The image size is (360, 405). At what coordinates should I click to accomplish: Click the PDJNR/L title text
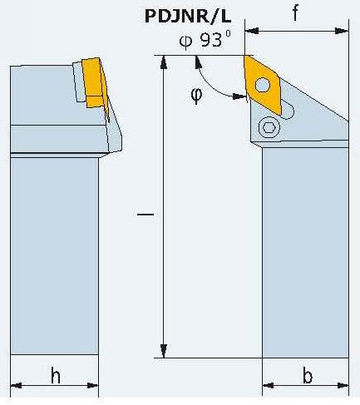point(188,17)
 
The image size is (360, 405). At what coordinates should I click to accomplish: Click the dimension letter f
point(295,13)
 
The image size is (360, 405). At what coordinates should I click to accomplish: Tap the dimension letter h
point(56,375)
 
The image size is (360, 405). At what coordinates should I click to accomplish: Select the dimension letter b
point(308,375)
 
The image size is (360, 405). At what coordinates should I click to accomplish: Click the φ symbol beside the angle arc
point(196,95)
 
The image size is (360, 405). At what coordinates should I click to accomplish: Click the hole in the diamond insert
point(263,85)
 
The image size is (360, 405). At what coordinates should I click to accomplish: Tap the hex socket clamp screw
point(269,127)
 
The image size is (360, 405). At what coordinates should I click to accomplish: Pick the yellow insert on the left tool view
point(95,82)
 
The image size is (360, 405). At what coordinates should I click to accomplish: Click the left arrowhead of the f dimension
point(252,31)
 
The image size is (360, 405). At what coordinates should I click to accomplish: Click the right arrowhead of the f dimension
point(342,31)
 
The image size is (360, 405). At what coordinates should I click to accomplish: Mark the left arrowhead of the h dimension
point(17,385)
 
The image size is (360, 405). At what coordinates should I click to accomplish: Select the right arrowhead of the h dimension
point(92,385)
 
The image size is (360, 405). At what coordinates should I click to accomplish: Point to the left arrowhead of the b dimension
point(268,385)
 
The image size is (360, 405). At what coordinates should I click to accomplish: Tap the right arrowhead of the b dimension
point(343,385)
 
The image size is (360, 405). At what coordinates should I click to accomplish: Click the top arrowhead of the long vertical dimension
point(164,62)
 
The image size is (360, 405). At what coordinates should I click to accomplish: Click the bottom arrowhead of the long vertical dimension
point(164,351)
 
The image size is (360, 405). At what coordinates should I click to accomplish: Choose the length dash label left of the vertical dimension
point(145,214)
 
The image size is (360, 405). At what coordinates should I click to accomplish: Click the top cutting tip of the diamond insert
point(245,56)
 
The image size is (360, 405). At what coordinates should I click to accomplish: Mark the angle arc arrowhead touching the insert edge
point(239,96)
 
